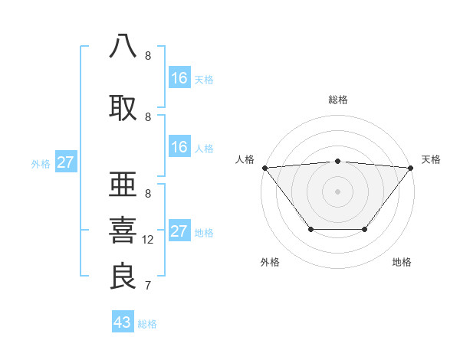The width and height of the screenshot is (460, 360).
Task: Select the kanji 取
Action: coord(123,107)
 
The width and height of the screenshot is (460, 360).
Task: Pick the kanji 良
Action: coord(123,276)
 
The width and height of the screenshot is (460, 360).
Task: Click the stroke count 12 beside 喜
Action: coord(148,240)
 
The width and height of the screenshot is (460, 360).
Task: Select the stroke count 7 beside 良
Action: coord(147,286)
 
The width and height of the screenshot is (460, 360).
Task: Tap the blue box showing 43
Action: coord(123,322)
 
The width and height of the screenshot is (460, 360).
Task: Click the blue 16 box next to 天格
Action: coord(179,77)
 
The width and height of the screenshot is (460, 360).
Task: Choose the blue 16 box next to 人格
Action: coord(179,147)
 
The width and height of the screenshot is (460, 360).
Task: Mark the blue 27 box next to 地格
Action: coord(179,231)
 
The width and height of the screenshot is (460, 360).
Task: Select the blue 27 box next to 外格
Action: coord(66,162)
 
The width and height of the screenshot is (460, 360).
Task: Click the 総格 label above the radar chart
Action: coord(337,100)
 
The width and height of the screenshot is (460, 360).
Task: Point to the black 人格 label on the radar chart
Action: coord(245,159)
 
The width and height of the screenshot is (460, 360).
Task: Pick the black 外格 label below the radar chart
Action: coord(270,263)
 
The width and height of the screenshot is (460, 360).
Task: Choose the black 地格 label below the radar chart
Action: coord(402,263)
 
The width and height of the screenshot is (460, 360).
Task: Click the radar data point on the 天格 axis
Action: coord(410,167)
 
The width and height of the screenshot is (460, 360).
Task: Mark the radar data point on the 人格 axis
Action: coord(264,167)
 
